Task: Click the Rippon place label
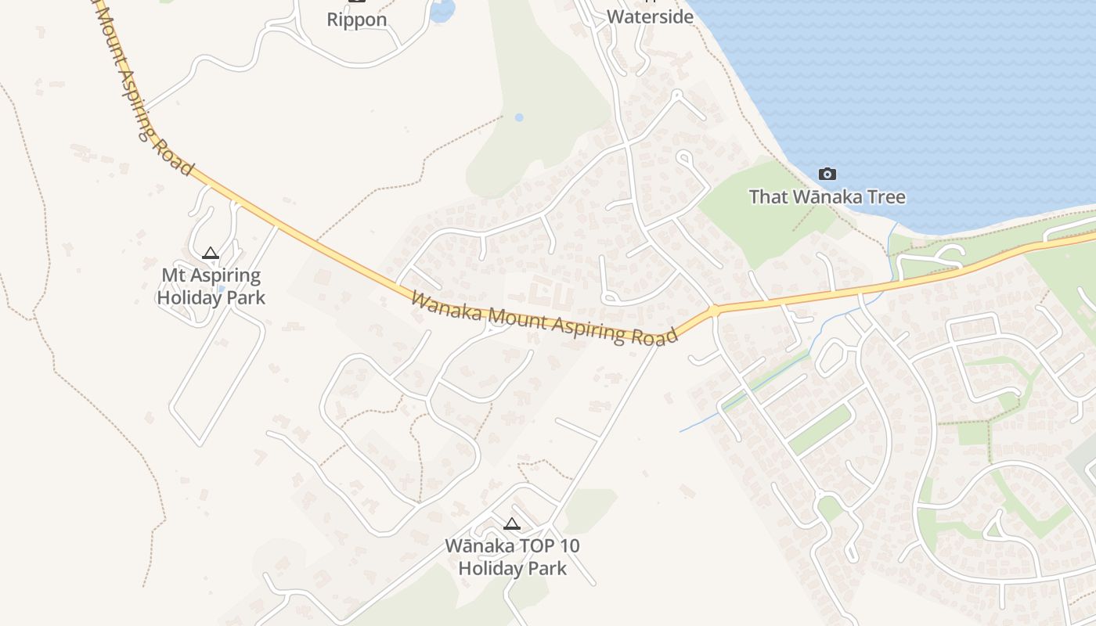356,20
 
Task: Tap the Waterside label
650,16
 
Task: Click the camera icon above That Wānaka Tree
827,174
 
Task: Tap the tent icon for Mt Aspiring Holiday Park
210,253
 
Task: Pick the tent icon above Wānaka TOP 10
512,523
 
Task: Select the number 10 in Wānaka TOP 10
570,545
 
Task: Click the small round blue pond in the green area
519,117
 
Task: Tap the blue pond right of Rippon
442,9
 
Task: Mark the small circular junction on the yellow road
714,311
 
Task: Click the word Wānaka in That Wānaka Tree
825,196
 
